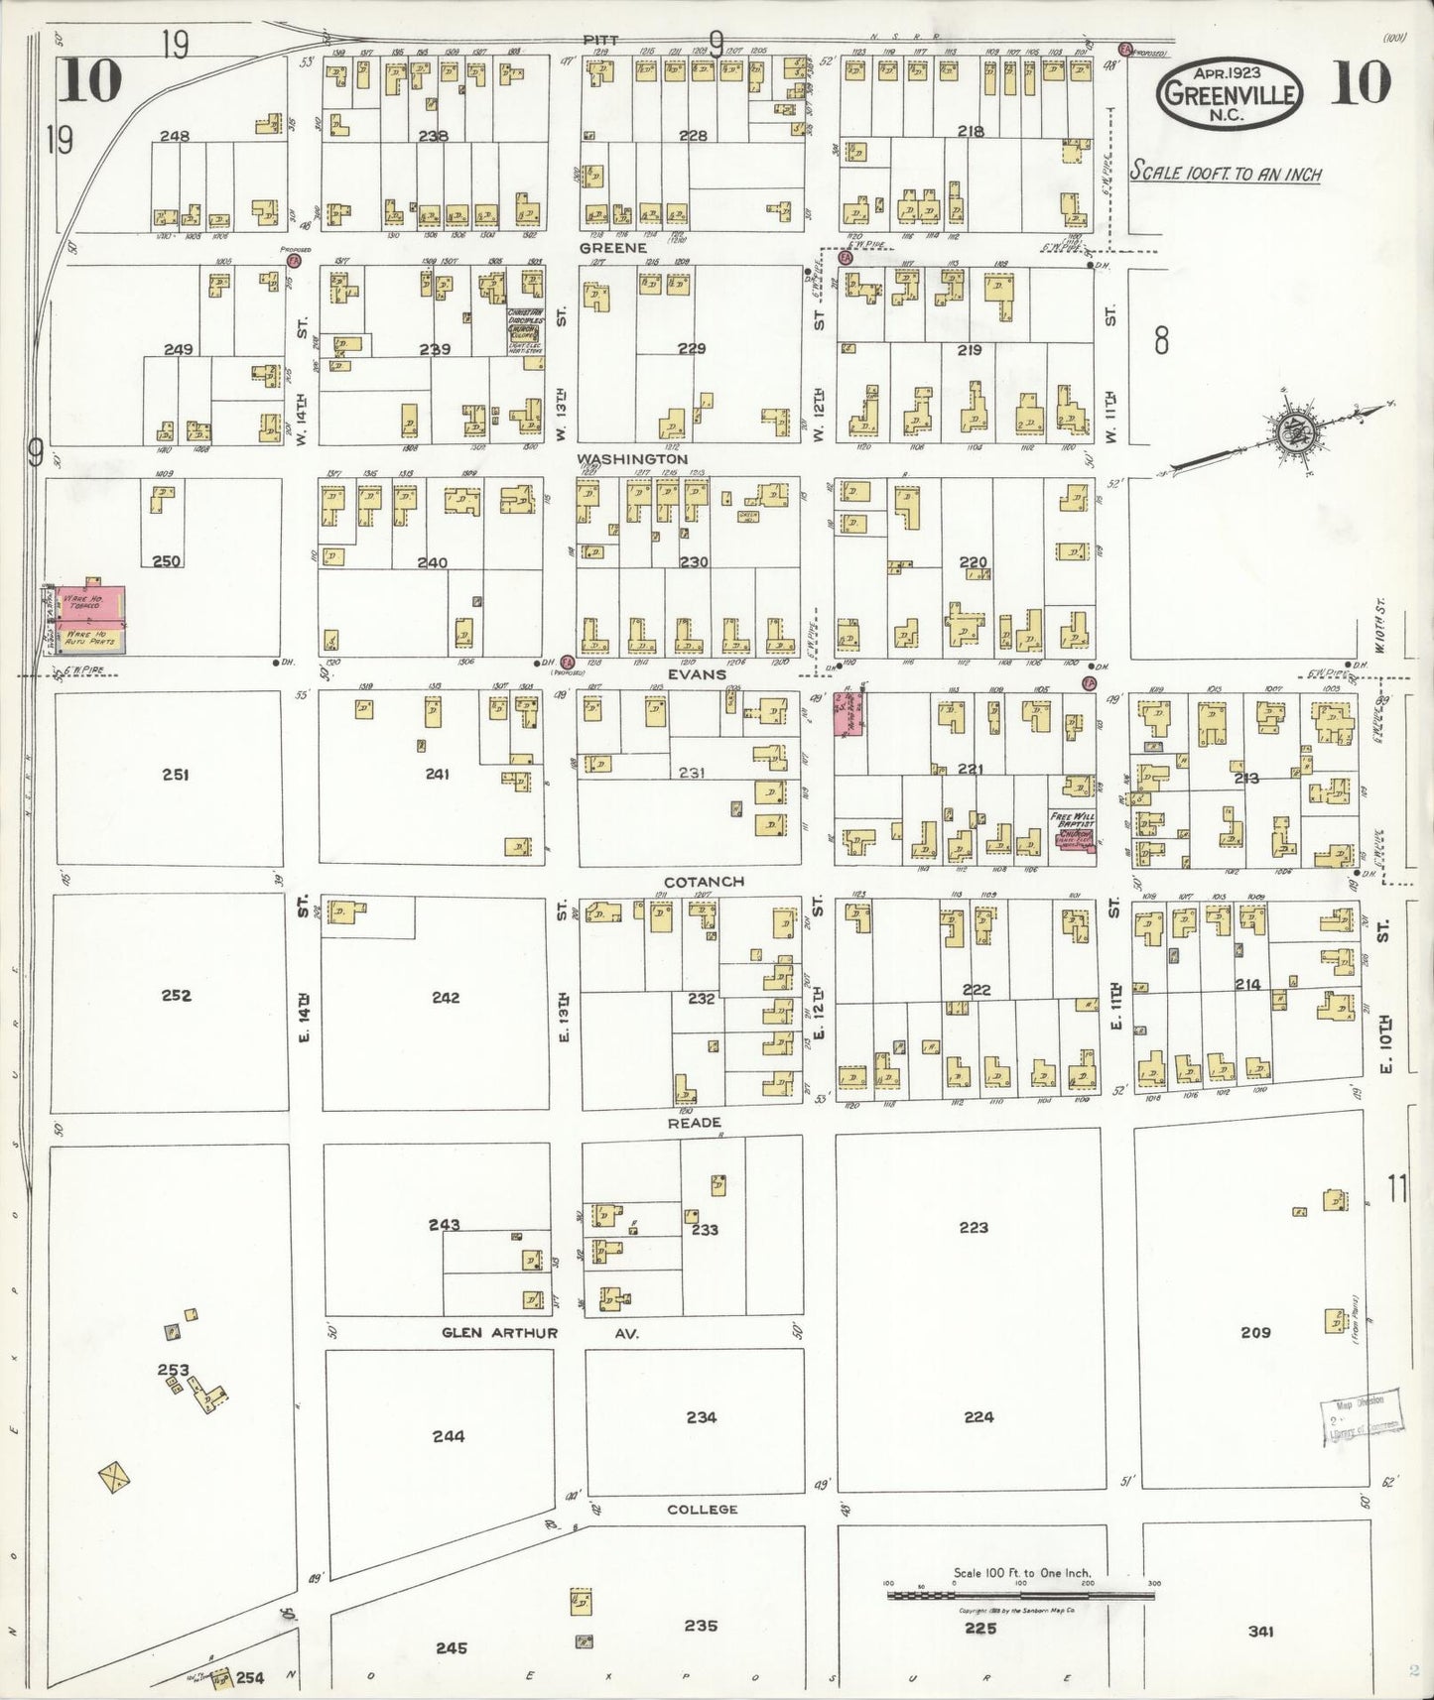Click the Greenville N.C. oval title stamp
1230,92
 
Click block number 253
174,1370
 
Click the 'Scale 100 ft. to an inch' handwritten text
1226,173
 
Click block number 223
974,1227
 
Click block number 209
1255,1332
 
